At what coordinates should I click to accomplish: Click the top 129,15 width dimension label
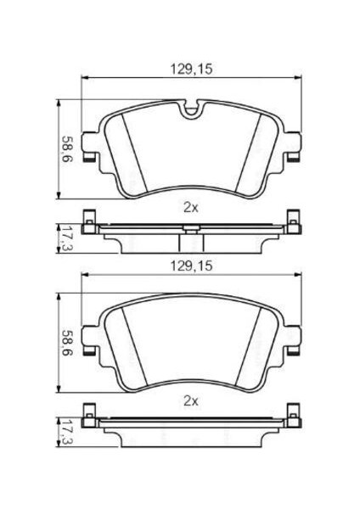pos(191,69)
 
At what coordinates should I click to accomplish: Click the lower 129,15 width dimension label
pos(191,266)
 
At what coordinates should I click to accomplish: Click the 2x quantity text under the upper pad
pos(191,208)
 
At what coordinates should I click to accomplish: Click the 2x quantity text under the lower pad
pos(191,401)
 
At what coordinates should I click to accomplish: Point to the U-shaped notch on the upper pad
pos(191,109)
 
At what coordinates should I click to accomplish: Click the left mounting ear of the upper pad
pos(90,147)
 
